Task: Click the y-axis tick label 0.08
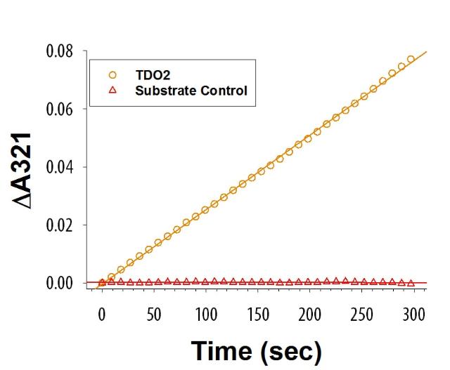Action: click(62, 52)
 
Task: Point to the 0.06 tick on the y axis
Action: click(62, 110)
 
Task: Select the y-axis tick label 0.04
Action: click(62, 167)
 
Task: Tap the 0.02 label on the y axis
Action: click(62, 225)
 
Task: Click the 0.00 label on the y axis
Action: click(62, 283)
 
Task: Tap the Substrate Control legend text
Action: click(191, 90)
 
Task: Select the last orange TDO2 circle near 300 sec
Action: click(411, 59)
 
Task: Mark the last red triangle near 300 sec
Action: click(411, 283)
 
